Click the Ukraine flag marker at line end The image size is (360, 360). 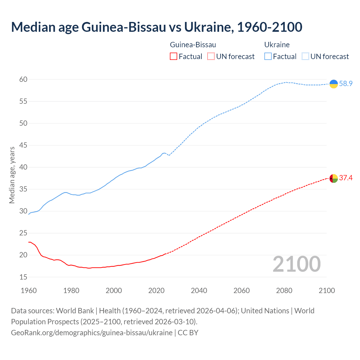pos(334,84)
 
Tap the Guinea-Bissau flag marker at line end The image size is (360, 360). pos(334,179)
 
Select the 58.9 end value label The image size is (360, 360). pos(346,84)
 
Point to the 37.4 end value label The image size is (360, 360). pos(346,178)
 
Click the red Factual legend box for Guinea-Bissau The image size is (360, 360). pos(174,57)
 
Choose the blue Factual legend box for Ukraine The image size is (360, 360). pos(268,57)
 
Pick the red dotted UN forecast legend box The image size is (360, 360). pos(211,57)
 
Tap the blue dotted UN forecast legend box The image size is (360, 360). pos(305,57)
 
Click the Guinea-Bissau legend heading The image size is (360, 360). pos(193,45)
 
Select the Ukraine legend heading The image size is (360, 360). pos(277,45)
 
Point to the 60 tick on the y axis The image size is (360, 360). pos(23,80)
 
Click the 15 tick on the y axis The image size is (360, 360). pos(23,277)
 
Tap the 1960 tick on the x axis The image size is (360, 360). pos(29,291)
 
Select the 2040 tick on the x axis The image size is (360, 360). pos(199,291)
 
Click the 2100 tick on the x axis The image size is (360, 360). pos(327,291)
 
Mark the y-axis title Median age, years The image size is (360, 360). pos(12,175)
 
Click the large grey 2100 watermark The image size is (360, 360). pos(297,264)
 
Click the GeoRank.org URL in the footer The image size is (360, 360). pos(92,333)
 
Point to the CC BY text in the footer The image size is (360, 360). pos(188,333)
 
